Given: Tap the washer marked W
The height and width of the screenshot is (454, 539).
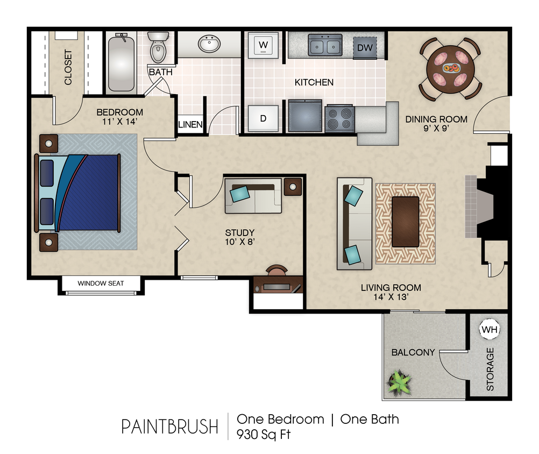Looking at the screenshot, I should point(264,45).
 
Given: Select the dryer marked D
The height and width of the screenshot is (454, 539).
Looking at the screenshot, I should point(263,118).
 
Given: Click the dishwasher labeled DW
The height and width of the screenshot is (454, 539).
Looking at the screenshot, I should point(365,48).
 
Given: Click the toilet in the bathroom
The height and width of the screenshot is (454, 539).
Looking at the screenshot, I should point(158,47).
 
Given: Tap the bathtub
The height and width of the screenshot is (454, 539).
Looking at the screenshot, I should point(121,62).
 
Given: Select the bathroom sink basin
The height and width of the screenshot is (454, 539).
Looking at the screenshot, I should point(209,44).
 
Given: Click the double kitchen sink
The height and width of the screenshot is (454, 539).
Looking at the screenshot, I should point(325,45).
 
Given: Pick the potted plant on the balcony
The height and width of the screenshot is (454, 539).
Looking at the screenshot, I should point(400,382).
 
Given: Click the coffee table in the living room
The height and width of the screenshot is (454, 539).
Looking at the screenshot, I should point(406,222).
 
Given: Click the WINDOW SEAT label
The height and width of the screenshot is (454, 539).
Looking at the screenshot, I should point(101,283).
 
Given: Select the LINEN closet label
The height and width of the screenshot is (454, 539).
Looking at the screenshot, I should point(190,125).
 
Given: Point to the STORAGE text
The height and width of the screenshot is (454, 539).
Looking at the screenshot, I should point(490,369).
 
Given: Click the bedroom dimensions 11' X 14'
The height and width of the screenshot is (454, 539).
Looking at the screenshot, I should point(119,122).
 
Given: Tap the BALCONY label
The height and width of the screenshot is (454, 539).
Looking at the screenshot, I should point(413,352).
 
